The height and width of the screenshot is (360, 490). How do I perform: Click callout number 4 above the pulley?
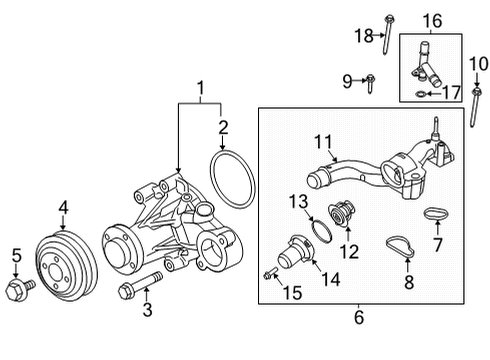[x=62, y=208]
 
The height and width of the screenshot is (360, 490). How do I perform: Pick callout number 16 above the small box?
[x=430, y=19]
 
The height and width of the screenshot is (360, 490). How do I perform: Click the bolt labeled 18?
[x=389, y=30]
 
